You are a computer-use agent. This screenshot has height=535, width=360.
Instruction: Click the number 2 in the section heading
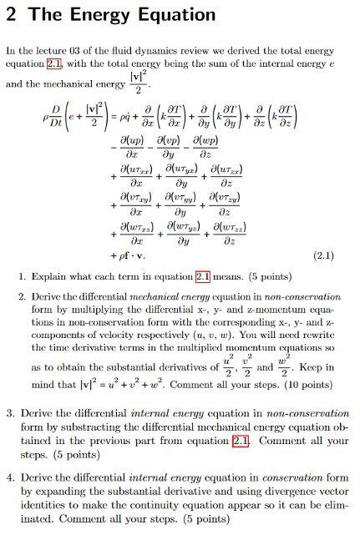12,14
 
